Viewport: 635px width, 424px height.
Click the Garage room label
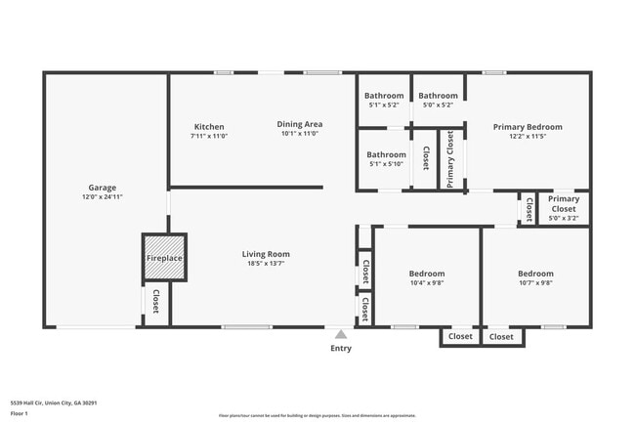103,187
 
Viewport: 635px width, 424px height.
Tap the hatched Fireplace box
164,258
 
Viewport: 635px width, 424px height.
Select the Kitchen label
209,127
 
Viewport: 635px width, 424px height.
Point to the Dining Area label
300,124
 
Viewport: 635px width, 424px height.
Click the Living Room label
266,254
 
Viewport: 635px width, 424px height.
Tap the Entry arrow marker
340,334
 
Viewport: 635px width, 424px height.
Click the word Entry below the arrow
341,348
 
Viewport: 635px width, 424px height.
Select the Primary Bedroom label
528,127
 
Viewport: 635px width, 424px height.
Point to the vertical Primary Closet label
450,158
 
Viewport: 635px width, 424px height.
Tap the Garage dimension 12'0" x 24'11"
103,197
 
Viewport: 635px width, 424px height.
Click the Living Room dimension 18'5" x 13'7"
266,265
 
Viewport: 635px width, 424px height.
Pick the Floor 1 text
19,414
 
